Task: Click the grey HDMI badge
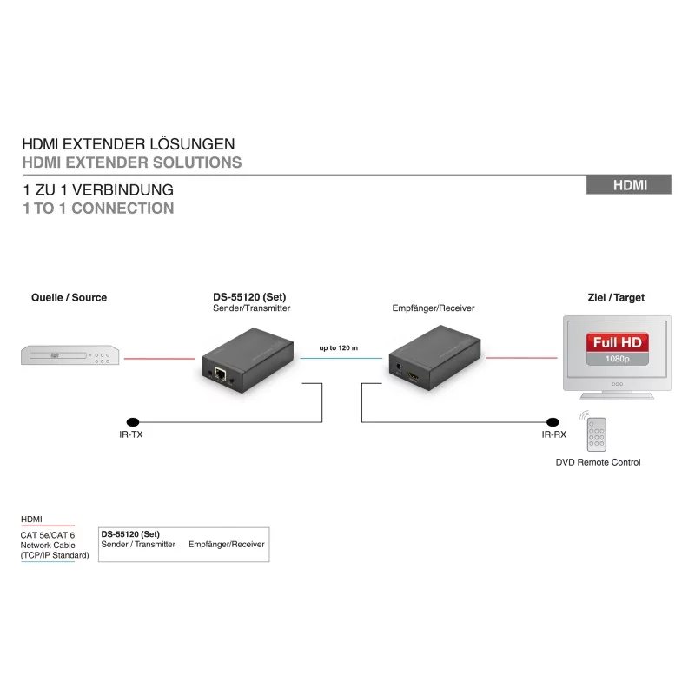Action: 628,185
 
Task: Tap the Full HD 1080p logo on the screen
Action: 618,349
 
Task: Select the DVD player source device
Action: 70,355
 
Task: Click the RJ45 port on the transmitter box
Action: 221,374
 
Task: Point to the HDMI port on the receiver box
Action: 414,378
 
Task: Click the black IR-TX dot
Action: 133,422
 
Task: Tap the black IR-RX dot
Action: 553,422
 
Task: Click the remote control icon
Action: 596,434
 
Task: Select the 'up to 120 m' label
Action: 338,348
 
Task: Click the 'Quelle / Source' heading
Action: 69,297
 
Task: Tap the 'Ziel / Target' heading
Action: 616,297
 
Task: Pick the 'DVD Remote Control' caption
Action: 598,462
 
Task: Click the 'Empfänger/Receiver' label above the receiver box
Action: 433,308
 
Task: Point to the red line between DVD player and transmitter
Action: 159,359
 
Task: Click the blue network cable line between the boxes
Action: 341,358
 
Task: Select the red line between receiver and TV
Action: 521,358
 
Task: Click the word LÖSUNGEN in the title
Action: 192,143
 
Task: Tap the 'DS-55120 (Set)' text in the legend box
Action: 130,534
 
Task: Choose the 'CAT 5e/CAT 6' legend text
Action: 48,535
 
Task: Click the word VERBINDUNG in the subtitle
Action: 122,190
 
